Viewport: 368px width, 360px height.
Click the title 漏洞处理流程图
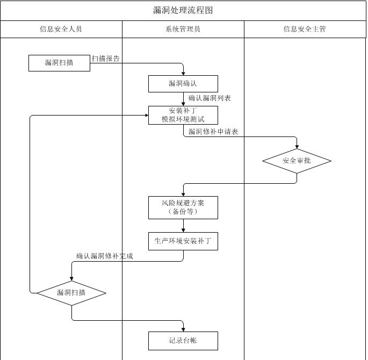(x=183, y=10)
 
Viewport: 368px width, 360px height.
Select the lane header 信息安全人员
(x=61, y=29)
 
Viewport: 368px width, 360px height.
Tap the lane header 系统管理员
(x=183, y=29)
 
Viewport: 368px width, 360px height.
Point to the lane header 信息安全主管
(x=305, y=29)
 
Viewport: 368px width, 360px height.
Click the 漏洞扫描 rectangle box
(x=59, y=63)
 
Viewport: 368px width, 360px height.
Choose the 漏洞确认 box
(x=183, y=83)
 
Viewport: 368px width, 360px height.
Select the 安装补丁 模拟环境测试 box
(x=183, y=115)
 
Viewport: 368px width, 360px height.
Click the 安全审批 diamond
(x=297, y=161)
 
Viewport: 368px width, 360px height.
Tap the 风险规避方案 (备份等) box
(x=183, y=207)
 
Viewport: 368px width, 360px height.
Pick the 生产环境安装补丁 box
(x=183, y=241)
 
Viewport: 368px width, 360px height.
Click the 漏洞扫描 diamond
(x=71, y=293)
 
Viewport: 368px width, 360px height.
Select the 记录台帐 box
(x=183, y=341)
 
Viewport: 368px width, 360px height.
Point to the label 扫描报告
(x=106, y=59)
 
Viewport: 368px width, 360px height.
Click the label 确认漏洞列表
(x=210, y=98)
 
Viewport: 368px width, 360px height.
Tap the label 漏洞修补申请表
(x=213, y=132)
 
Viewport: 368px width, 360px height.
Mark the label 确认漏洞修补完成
(x=105, y=256)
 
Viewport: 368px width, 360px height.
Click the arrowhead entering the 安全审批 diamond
(x=297, y=146)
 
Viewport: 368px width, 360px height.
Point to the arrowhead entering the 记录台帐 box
(x=184, y=329)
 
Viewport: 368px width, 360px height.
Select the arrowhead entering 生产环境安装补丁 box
(x=184, y=229)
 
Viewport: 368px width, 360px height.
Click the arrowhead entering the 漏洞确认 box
(x=184, y=73)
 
